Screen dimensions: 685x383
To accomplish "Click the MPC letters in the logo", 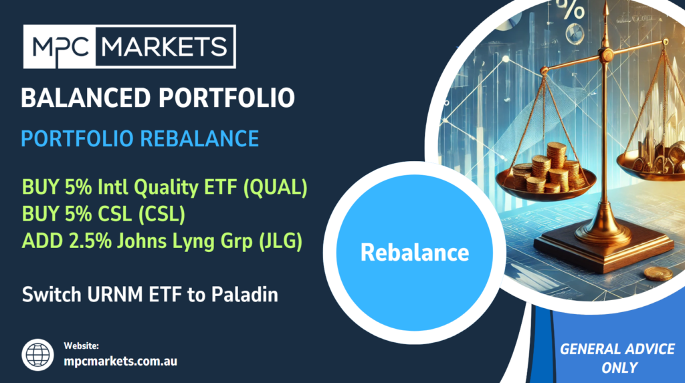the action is pyautogui.click(x=60, y=47).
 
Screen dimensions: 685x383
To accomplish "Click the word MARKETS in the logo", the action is pyautogui.click(x=165, y=47).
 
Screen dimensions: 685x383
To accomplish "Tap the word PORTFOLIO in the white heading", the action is pyautogui.click(x=227, y=98).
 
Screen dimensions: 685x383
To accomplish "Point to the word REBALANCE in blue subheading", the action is pyautogui.click(x=199, y=139).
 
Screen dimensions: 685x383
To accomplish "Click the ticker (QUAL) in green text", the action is pyautogui.click(x=275, y=187).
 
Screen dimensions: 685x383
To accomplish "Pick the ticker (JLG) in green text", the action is pyautogui.click(x=280, y=241).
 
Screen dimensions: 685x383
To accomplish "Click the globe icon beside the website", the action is pyautogui.click(x=37, y=355).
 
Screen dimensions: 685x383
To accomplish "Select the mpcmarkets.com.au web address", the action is pyautogui.click(x=120, y=361).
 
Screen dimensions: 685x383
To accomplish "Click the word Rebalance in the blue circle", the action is pyautogui.click(x=415, y=253).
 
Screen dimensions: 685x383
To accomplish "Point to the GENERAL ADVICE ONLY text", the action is pyautogui.click(x=617, y=358).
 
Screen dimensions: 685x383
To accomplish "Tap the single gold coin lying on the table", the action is pyautogui.click(x=658, y=274).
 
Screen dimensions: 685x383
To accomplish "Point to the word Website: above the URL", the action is pyautogui.click(x=81, y=346).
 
